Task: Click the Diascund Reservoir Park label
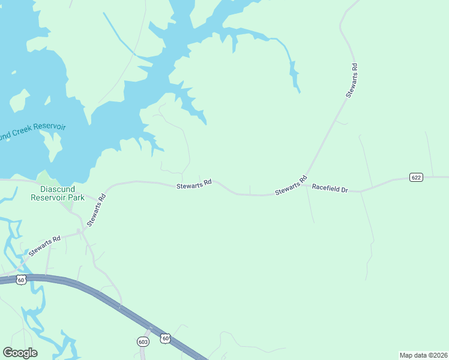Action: [x=58, y=193]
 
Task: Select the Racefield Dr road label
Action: [x=330, y=188]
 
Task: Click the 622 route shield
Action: [x=417, y=177]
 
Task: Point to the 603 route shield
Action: [x=143, y=341]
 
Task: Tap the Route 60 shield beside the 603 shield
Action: [x=166, y=339]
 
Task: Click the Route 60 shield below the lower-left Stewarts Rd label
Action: [x=21, y=280]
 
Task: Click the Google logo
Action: [x=20, y=353]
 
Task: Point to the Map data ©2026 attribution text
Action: [x=423, y=355]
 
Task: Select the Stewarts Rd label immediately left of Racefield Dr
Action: [x=291, y=185]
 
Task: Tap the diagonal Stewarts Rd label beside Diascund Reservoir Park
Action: [x=96, y=209]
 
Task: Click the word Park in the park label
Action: [x=76, y=197]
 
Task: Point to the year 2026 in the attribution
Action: [x=439, y=355]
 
